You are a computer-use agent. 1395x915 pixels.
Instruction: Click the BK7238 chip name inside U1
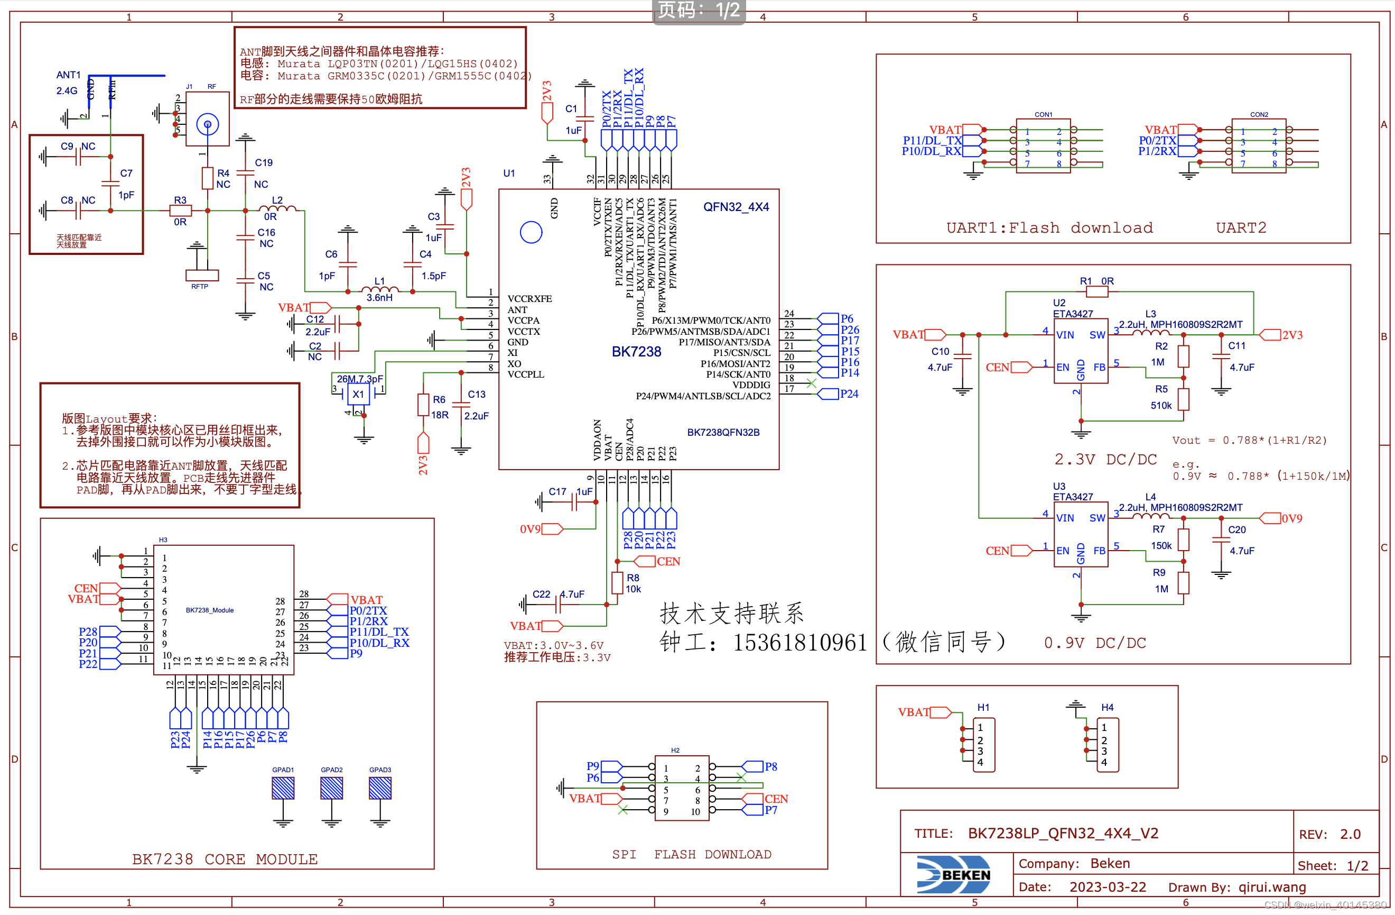coord(636,351)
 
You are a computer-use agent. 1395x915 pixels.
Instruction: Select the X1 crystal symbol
coord(358,394)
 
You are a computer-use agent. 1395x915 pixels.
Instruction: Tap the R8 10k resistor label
coord(633,583)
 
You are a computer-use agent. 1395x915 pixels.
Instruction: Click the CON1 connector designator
coord(1043,114)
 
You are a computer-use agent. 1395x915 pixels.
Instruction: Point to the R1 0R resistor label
coord(1096,281)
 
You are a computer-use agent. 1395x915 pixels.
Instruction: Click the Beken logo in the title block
coord(954,874)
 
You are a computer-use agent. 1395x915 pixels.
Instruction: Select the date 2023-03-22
coord(1107,886)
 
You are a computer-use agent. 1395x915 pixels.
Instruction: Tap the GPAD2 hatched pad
coord(331,788)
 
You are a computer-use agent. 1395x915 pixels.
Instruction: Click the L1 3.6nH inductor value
coord(379,297)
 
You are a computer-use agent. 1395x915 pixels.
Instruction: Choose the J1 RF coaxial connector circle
coord(208,124)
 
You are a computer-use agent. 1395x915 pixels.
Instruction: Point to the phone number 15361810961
coord(799,642)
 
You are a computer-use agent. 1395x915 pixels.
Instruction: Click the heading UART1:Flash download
coord(1049,227)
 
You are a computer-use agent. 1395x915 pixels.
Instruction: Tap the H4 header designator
coord(1106,707)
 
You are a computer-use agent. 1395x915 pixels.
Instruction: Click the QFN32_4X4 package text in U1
coord(736,206)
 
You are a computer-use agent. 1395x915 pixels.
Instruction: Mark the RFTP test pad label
coord(199,286)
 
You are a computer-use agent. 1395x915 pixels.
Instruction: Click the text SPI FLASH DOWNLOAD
coord(691,854)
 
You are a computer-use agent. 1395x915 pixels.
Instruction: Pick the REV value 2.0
coord(1350,834)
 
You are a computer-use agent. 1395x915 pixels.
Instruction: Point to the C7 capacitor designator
coord(126,173)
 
